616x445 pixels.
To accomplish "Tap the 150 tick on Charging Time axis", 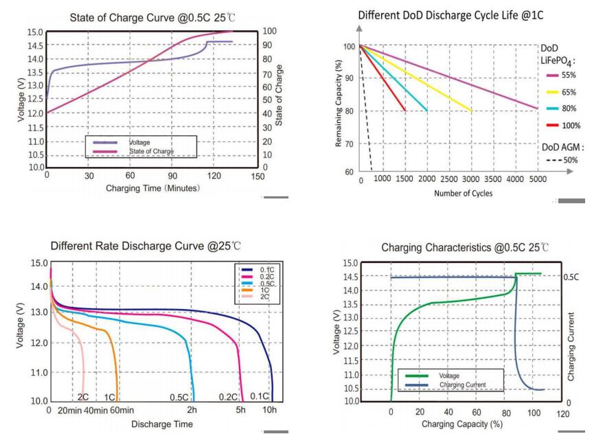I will (x=258, y=176).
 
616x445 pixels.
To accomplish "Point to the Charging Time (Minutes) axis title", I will (x=152, y=188).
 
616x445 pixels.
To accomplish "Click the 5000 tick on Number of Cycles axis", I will (x=537, y=179).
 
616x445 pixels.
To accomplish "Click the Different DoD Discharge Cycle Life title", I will (x=461, y=14).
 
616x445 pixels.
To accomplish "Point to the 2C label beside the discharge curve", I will (x=83, y=397).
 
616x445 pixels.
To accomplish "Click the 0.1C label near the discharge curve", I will (x=259, y=396).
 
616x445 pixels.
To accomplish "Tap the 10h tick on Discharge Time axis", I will (x=270, y=410).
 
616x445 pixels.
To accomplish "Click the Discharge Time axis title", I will (x=162, y=424).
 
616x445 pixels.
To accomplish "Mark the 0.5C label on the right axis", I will (x=571, y=277).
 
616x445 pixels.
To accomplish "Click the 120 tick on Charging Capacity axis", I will (x=563, y=414).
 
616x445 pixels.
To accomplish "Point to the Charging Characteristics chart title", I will (x=465, y=247).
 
